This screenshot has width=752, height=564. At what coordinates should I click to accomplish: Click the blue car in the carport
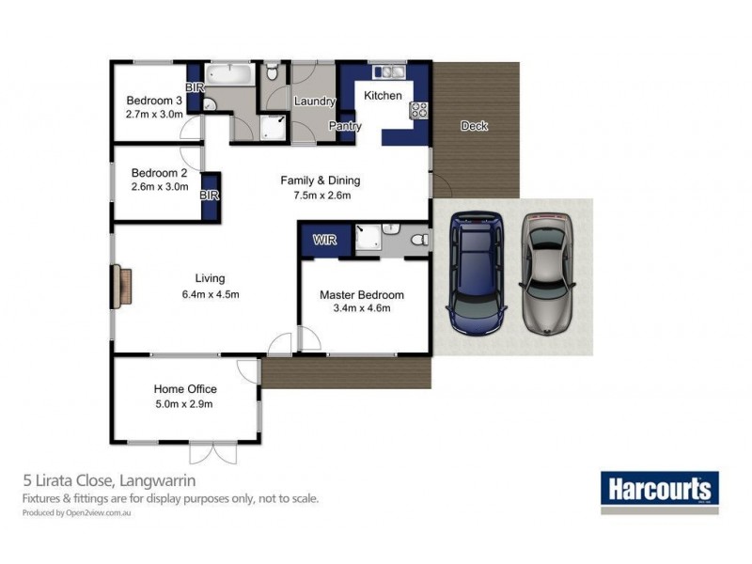click(477, 274)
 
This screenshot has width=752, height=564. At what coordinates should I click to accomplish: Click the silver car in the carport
click(547, 274)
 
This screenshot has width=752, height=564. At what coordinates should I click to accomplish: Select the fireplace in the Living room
click(122, 287)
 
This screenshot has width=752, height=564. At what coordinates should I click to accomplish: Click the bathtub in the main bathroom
click(229, 75)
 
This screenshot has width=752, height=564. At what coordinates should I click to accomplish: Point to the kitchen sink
click(389, 72)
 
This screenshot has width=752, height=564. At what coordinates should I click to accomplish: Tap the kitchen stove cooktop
click(418, 110)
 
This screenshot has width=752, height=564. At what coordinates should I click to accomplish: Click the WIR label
click(324, 240)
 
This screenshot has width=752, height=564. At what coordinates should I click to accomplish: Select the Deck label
click(474, 126)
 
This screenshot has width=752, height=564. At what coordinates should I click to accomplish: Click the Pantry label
click(345, 126)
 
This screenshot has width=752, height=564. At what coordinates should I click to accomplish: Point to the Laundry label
click(315, 102)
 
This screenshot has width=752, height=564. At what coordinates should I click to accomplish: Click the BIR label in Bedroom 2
click(209, 196)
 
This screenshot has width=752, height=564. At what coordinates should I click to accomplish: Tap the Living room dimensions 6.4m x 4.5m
click(211, 294)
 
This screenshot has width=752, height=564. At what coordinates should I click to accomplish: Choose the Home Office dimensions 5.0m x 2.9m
click(184, 404)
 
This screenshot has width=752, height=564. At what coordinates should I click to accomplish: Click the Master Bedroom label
click(362, 295)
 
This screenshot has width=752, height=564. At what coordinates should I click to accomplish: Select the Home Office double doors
click(213, 453)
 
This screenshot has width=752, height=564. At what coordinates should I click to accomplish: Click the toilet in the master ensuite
click(420, 239)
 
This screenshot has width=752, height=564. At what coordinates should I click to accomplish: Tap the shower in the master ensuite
click(368, 237)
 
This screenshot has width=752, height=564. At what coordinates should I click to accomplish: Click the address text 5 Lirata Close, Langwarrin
click(109, 480)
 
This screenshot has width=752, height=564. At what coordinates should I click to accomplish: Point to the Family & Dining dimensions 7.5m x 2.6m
click(322, 196)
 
